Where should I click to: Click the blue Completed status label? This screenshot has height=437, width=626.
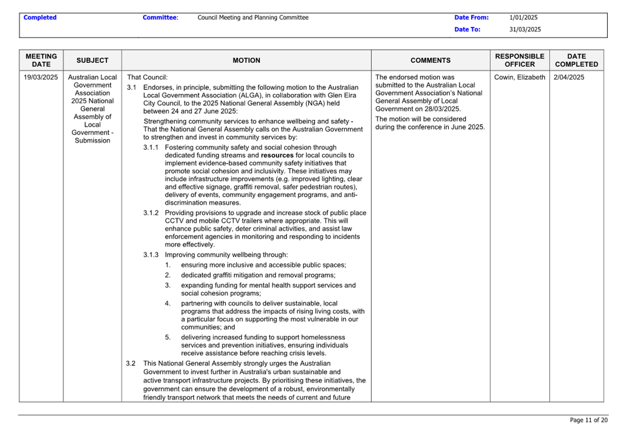(x=40, y=18)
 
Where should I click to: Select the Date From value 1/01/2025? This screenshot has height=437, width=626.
(x=523, y=18)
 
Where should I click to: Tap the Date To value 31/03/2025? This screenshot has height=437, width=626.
(x=525, y=29)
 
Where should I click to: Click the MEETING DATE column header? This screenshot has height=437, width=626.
(x=41, y=60)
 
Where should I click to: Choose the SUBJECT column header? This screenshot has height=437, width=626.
(x=92, y=60)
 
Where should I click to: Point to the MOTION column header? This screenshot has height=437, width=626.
(x=246, y=60)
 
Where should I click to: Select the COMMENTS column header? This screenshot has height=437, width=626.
(x=430, y=60)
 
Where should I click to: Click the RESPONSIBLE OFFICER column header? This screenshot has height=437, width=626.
(x=520, y=60)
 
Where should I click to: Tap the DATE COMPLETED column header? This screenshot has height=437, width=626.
(x=576, y=60)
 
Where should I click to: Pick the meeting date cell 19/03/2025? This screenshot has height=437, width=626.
(x=41, y=77)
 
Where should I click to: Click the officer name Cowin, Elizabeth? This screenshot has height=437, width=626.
(x=520, y=77)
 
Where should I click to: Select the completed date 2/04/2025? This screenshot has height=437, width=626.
(x=569, y=77)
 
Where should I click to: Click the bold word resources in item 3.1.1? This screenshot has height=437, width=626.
(x=277, y=155)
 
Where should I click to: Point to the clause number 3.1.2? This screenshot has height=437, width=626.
(x=151, y=213)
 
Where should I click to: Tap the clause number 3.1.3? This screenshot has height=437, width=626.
(x=151, y=254)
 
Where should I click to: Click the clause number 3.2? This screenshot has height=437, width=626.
(x=131, y=363)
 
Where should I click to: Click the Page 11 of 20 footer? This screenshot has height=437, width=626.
(x=588, y=420)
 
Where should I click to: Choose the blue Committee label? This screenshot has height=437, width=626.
(x=160, y=18)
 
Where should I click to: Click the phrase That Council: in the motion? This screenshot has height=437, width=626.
(x=147, y=77)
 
